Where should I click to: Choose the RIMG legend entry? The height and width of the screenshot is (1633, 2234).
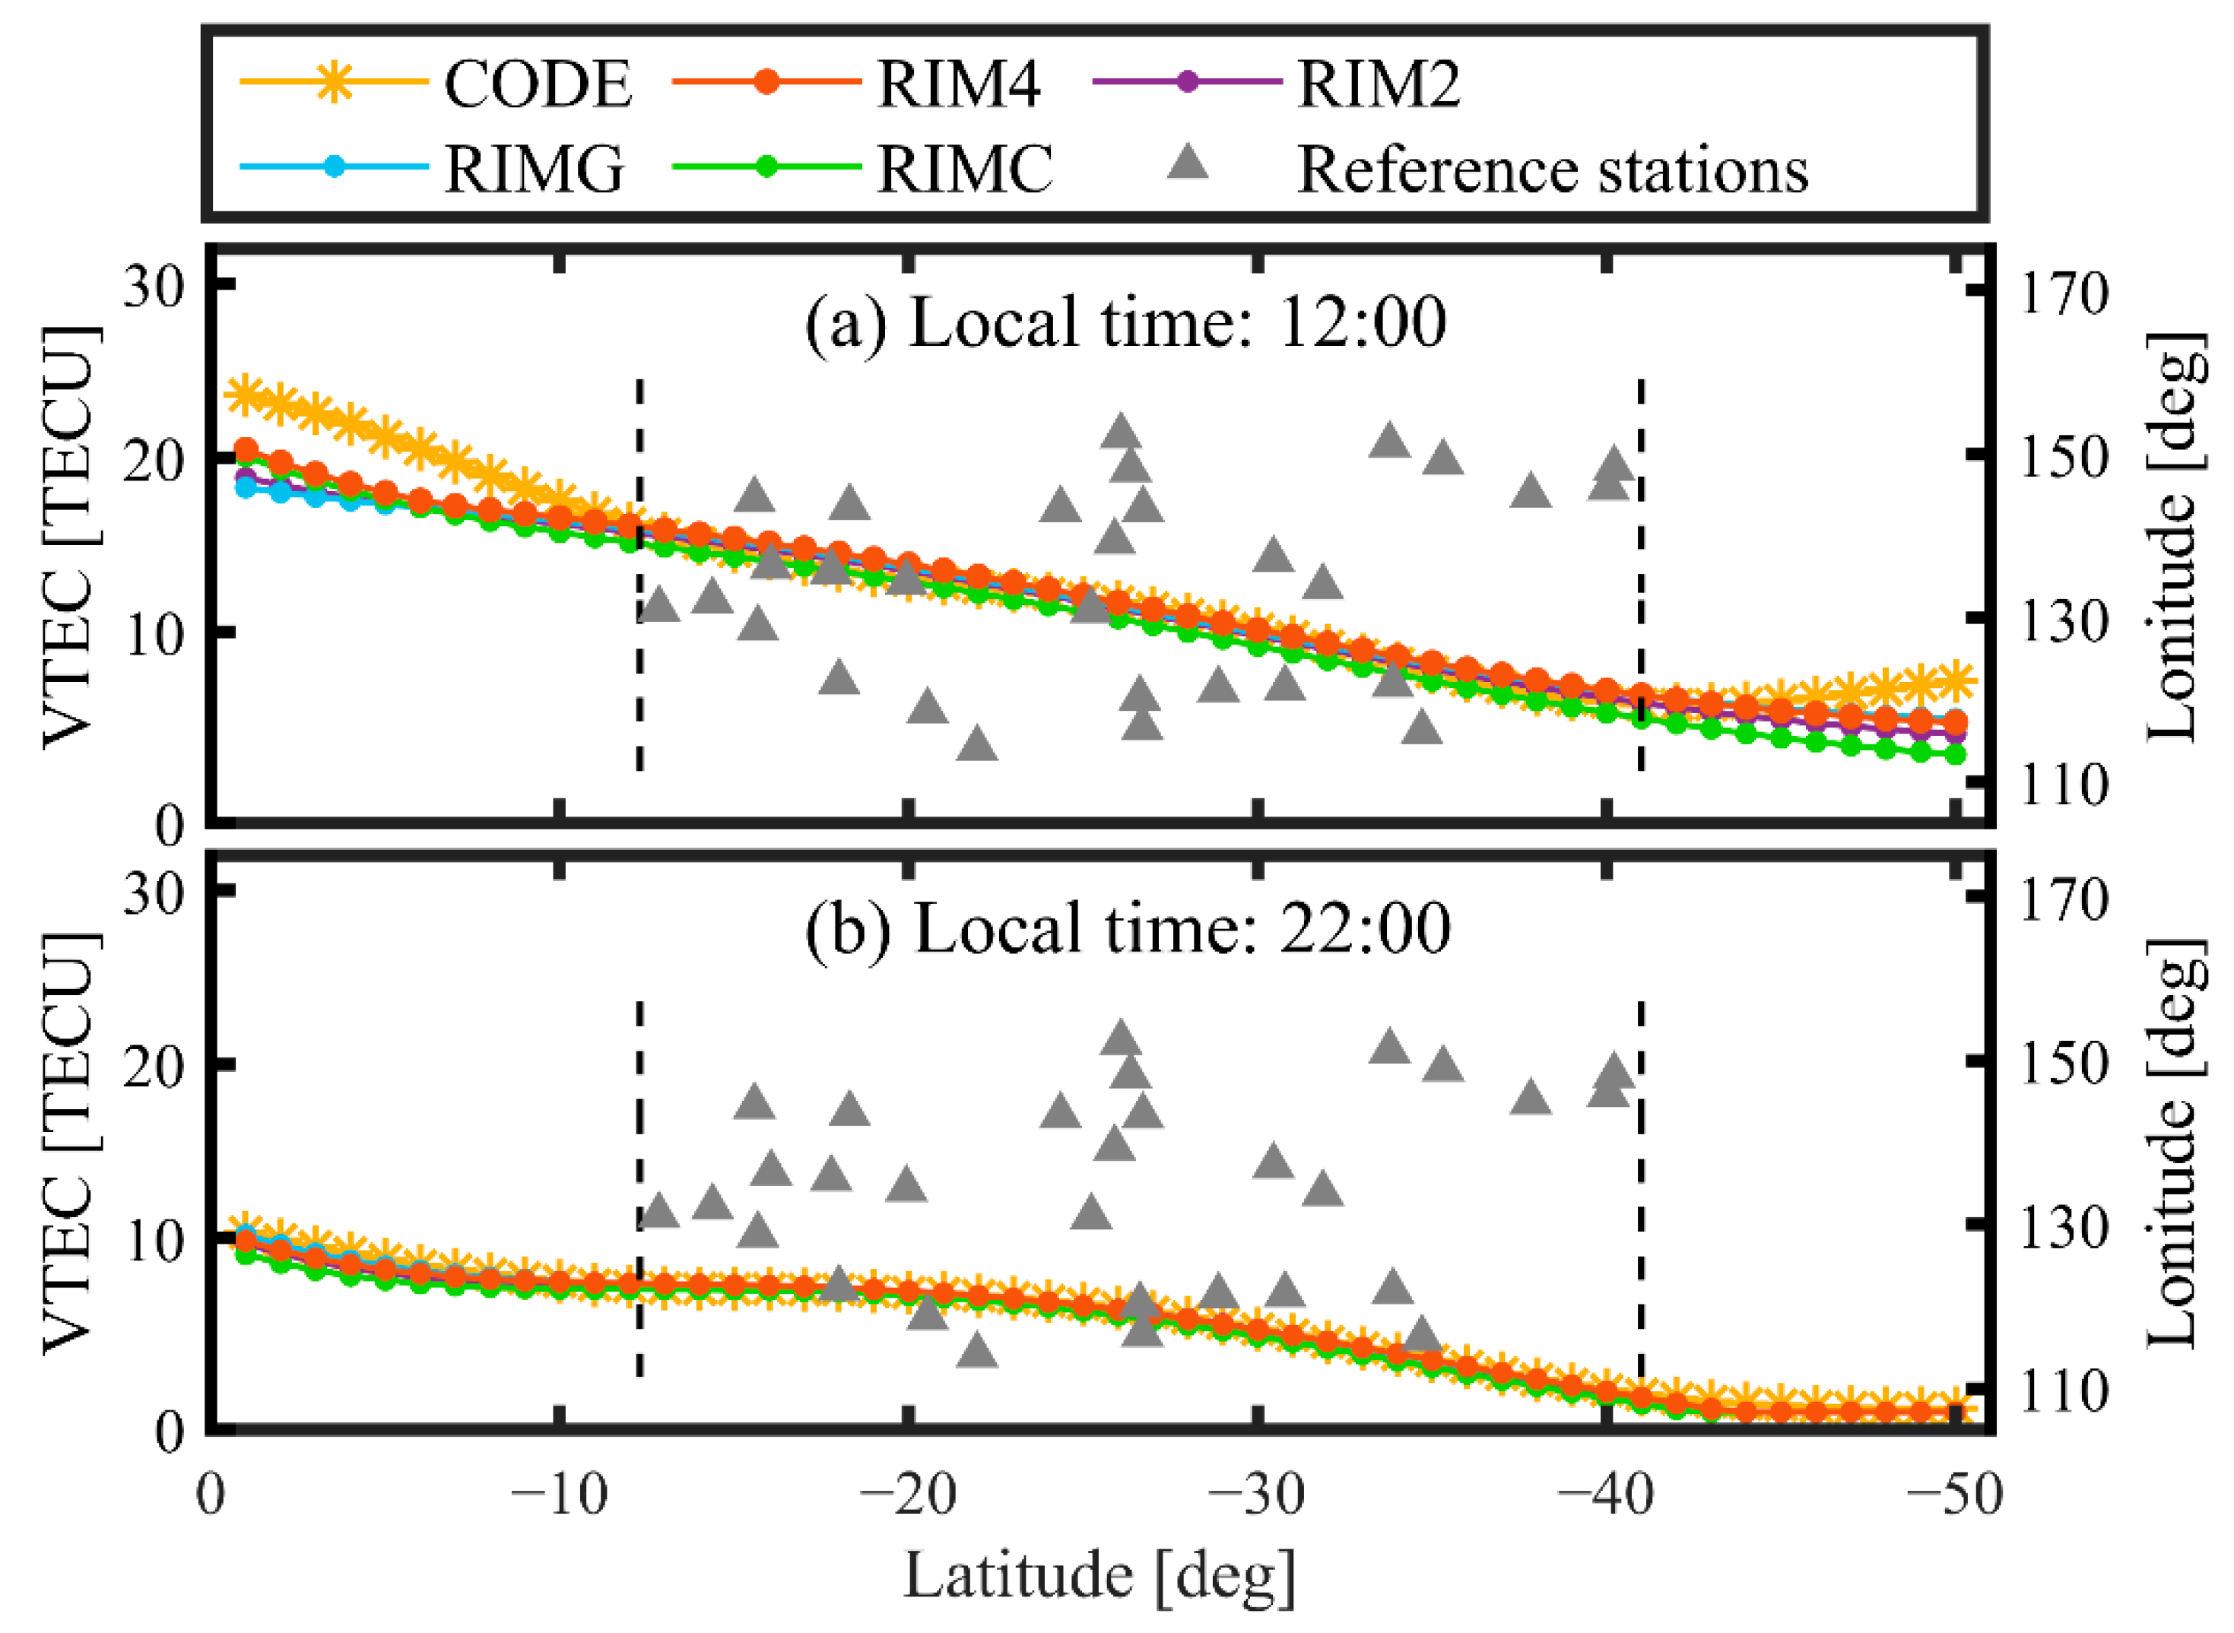534,168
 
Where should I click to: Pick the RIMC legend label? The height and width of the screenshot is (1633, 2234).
964,168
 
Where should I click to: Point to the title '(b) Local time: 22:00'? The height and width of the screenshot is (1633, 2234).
1127,928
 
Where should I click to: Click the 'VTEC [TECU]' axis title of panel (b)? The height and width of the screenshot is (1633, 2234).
69,1142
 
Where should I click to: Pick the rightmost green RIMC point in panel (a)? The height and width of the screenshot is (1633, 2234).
1954,754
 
